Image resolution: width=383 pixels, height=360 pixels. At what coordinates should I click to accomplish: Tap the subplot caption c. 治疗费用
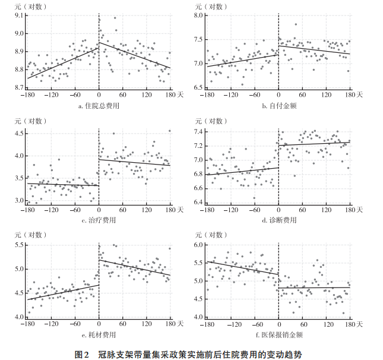click(99, 220)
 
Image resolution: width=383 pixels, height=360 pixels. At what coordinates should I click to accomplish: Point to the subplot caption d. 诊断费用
click(278, 220)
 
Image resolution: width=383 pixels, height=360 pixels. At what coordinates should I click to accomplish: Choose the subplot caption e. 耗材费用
click(99, 334)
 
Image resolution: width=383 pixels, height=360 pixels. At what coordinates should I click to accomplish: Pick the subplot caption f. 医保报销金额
click(278, 334)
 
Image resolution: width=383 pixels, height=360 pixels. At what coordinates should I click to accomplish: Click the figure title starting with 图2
click(191, 354)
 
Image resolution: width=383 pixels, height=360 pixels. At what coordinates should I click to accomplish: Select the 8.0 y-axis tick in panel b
click(197, 15)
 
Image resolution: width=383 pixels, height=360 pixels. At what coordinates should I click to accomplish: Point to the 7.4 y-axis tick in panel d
click(197, 131)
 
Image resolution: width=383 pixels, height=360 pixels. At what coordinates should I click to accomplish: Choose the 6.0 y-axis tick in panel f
click(197, 245)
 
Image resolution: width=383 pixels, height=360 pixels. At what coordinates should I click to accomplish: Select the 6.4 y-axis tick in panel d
click(197, 202)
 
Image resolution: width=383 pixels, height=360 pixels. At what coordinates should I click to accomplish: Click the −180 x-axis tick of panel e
click(26, 324)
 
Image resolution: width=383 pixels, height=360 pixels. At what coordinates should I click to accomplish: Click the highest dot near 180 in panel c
click(169, 131)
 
